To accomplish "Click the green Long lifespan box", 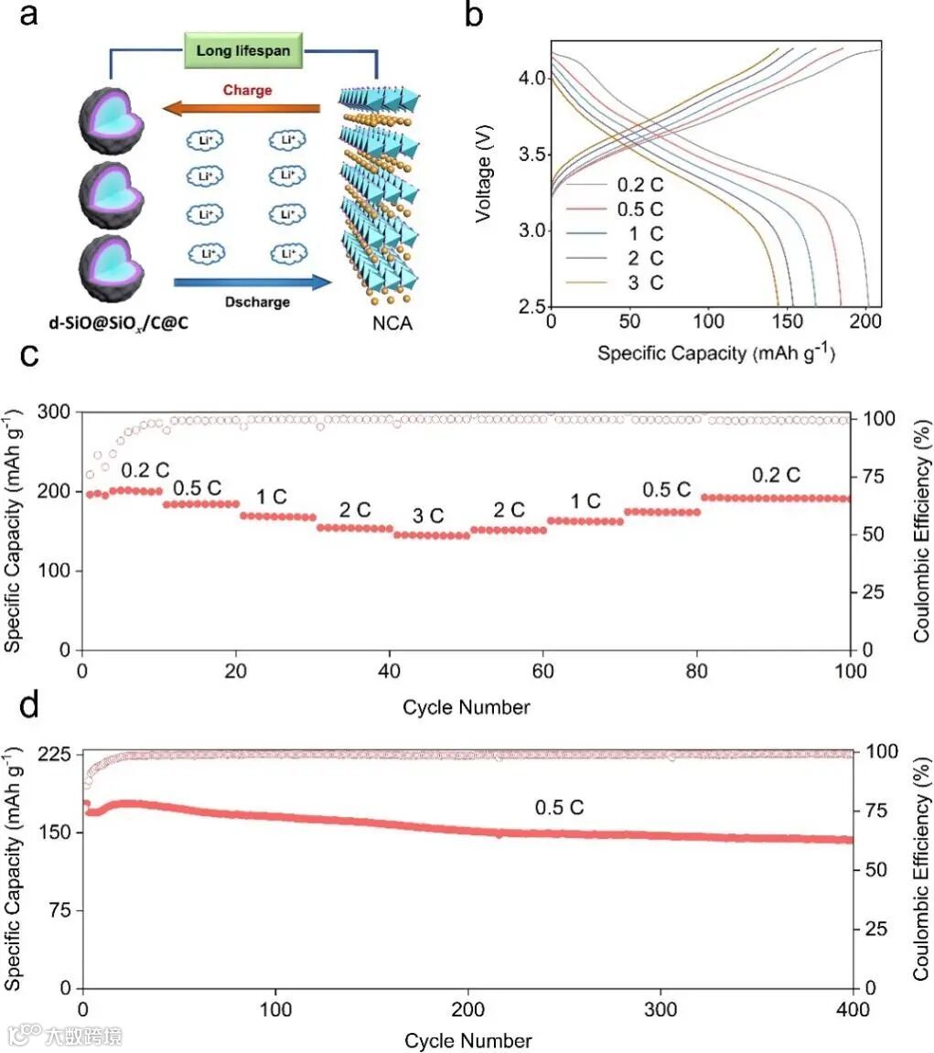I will click(242, 50).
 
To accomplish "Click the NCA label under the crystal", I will click(381, 322).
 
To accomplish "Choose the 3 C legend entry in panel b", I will click(632, 283).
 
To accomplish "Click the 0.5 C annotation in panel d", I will click(559, 808).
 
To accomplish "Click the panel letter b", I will click(475, 18).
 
